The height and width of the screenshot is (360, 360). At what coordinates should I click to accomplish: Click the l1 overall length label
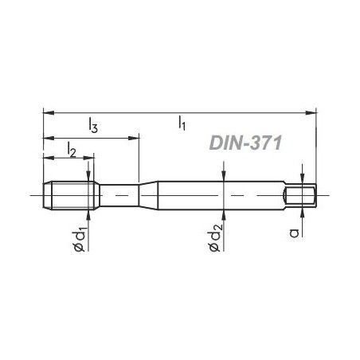[182, 122]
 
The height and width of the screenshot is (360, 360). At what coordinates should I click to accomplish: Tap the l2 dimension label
[72, 149]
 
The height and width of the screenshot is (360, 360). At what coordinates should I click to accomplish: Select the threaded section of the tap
[68, 193]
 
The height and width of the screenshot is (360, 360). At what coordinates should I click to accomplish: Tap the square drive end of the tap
[303, 193]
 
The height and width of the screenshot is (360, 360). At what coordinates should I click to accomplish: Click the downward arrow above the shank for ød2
[226, 177]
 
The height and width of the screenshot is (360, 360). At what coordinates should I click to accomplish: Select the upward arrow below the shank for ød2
[226, 209]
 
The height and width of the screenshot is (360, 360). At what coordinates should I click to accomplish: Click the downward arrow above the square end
[303, 178]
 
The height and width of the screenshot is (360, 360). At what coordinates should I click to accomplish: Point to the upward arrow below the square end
[303, 207]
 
